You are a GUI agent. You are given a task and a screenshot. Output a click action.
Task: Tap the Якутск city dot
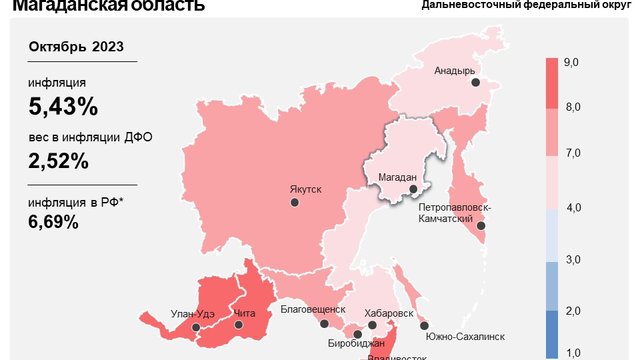click(295, 202)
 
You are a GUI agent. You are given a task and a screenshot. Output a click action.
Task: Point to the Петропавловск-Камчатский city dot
click(481, 226)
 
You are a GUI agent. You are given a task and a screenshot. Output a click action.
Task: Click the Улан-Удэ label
click(191, 314)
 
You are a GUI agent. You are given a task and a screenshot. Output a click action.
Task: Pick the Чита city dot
click(237, 326)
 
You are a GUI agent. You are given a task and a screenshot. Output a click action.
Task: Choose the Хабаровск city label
click(389, 313)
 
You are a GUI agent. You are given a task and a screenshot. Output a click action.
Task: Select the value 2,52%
click(59, 160)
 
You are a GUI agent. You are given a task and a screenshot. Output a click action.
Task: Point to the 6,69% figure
click(54, 222)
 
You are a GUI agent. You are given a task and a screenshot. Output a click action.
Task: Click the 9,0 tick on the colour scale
click(573, 63)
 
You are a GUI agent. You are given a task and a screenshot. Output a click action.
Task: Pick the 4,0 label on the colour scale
click(573, 207)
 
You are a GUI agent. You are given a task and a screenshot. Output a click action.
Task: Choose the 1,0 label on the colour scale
click(573, 352)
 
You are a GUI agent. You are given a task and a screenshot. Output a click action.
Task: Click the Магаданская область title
click(108, 6)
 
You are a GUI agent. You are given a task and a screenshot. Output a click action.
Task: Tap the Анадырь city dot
click(476, 84)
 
